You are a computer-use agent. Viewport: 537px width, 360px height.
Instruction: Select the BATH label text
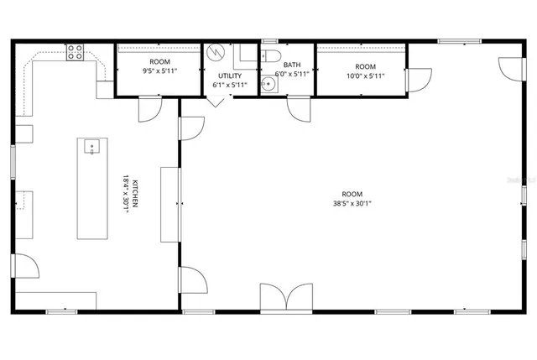click(291, 65)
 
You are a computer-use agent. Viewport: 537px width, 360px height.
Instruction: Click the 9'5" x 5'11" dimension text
click(159, 71)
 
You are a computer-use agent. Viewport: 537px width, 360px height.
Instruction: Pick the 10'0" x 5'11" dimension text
click(365, 76)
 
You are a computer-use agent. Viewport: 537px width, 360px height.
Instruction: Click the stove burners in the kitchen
click(75, 51)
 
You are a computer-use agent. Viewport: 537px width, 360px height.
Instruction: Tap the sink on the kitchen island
click(91, 148)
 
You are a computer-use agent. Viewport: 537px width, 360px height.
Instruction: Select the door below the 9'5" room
click(150, 108)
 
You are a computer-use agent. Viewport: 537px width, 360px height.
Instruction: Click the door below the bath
click(300, 108)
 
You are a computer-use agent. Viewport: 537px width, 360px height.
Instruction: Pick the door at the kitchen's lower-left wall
click(25, 266)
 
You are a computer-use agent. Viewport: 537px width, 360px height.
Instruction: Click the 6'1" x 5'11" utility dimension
click(229, 85)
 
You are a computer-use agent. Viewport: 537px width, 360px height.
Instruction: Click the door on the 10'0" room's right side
click(418, 81)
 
